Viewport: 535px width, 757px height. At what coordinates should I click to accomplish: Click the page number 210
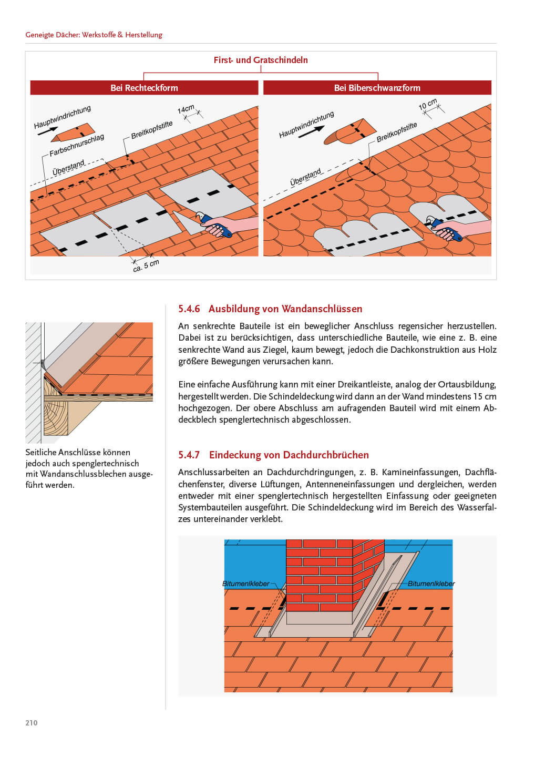pos(32,723)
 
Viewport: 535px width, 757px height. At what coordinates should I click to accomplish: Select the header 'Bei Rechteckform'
pos(144,88)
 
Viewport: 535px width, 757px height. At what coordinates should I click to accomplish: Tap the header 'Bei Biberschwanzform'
pos(377,88)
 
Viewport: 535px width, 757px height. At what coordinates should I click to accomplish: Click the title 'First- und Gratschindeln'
pos(261,60)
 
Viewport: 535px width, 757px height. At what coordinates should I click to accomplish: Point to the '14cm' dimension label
pos(186,109)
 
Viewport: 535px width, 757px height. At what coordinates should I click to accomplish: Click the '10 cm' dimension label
pos(427,104)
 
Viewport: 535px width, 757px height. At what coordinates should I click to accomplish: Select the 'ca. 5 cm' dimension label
pos(146,265)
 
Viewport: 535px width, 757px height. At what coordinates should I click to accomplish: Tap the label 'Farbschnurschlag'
pos(77,146)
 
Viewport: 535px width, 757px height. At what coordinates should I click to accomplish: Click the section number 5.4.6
pos(189,309)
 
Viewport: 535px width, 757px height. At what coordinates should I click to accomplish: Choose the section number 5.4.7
pos(189,455)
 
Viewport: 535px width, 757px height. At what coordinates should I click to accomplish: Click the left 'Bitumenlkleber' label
pos(245,584)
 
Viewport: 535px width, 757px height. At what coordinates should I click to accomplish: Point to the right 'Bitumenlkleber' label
pos(431,584)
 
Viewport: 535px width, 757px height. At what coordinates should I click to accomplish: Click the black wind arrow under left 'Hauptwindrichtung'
pos(48,131)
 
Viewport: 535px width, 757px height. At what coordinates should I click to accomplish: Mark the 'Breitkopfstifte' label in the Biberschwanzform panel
pos(396,132)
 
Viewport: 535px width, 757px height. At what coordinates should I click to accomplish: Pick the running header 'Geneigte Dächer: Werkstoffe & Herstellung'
pos(94,35)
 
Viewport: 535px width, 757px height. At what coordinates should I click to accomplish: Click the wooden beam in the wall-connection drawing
pos(55,415)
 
